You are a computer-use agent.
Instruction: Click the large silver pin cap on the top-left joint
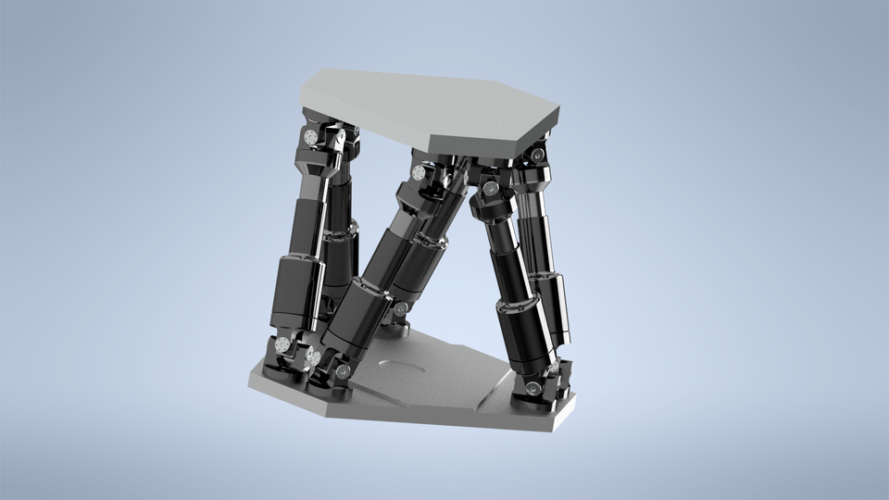(x=310, y=137)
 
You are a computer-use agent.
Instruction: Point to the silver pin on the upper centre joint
(x=419, y=174)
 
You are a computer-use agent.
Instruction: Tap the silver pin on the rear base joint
(x=400, y=311)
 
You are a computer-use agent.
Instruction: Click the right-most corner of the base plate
(x=574, y=398)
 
